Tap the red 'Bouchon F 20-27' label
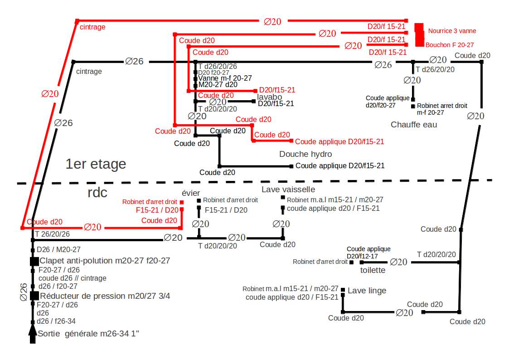click(450, 45)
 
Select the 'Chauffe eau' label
click(414, 124)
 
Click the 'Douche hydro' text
click(305, 154)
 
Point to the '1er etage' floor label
click(96, 164)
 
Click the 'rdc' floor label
click(97, 193)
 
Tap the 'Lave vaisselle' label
click(288, 189)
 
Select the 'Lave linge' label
click(367, 291)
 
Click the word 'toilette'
click(373, 270)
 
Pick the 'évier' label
click(191, 193)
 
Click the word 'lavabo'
click(270, 97)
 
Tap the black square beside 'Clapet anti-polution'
click(34, 261)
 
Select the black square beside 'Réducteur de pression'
click(34, 296)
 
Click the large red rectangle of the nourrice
click(419, 34)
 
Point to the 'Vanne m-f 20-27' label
click(225, 78)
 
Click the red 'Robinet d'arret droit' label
click(150, 202)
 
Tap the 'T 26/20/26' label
click(53, 234)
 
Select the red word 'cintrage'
click(92, 27)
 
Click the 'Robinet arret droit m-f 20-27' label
click(442, 109)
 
